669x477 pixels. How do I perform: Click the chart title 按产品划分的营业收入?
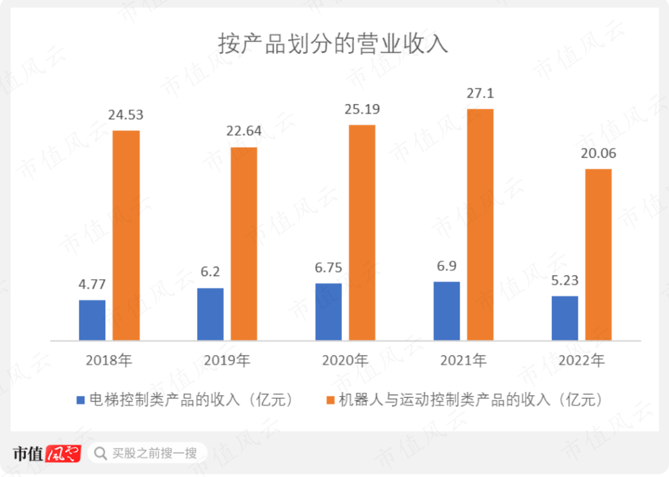(x=333, y=45)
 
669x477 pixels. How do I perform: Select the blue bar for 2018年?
(x=92, y=320)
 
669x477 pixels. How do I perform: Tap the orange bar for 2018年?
(x=126, y=235)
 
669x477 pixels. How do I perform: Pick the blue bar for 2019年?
(x=210, y=314)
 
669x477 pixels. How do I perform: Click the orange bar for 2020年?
(x=362, y=233)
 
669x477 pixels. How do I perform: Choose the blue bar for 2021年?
(x=447, y=311)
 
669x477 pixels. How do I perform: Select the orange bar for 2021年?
(x=480, y=225)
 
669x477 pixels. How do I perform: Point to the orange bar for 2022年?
(x=598, y=254)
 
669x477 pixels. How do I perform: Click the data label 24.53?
(x=126, y=115)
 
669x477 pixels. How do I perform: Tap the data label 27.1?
(x=480, y=94)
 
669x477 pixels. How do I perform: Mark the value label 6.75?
(x=328, y=267)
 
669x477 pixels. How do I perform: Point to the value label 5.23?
(x=564, y=280)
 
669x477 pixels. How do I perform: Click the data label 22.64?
(x=244, y=132)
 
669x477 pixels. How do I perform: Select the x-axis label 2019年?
(x=227, y=360)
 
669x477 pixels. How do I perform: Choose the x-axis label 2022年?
(x=581, y=360)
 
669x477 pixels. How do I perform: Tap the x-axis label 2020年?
(x=345, y=360)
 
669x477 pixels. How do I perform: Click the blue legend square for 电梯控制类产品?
(x=81, y=399)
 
